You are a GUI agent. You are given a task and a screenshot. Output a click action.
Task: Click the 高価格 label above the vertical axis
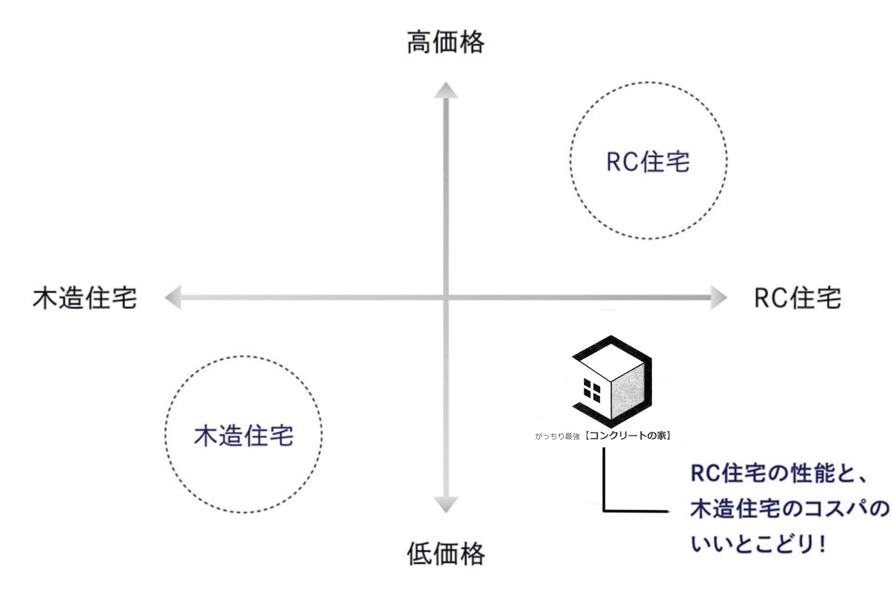(x=446, y=43)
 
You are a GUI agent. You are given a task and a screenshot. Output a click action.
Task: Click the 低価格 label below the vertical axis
(x=446, y=554)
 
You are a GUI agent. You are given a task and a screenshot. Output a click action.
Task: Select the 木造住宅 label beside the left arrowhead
(x=85, y=298)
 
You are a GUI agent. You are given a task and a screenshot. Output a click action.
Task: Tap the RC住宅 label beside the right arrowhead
(x=797, y=298)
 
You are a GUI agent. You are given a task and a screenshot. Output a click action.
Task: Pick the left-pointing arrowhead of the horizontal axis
(x=173, y=297)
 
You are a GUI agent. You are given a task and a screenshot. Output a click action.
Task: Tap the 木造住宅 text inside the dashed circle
(x=243, y=436)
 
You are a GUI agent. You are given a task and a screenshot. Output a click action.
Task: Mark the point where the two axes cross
(x=446, y=297)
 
